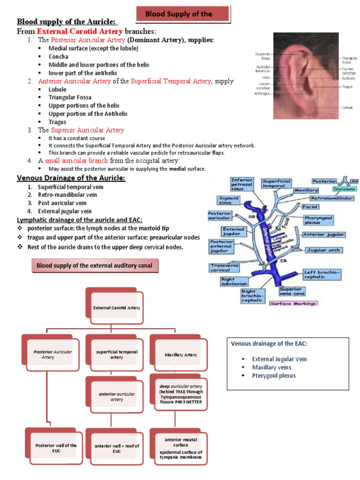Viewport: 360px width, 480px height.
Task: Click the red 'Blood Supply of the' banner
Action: pyautogui.click(x=182, y=14)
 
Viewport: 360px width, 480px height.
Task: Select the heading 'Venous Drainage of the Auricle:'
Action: pyautogui.click(x=71, y=178)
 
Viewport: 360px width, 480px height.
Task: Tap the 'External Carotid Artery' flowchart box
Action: pyautogui.click(x=117, y=307)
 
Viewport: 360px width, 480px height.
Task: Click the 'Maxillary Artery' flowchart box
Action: pyautogui.click(x=181, y=355)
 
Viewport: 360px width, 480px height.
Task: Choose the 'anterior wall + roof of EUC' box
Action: pyautogui.click(x=117, y=448)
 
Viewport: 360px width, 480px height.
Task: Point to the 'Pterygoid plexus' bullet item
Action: pyautogui.click(x=274, y=375)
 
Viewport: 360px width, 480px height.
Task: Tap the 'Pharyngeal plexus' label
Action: pyautogui.click(x=318, y=219)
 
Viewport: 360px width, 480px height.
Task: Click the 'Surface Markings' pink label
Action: pyautogui.click(x=293, y=303)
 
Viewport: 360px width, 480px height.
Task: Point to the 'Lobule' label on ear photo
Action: pyautogui.click(x=347, y=107)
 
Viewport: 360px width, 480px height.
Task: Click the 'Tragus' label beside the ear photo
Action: pyautogui.click(x=347, y=87)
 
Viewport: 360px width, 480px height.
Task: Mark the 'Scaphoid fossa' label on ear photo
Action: pyautogui.click(x=262, y=56)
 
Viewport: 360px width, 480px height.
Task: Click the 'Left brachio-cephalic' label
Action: pyautogui.click(x=322, y=274)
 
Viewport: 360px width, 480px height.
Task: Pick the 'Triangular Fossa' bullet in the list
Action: pyautogui.click(x=71, y=97)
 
